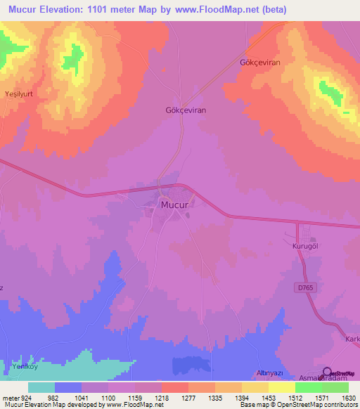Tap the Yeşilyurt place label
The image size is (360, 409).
20,93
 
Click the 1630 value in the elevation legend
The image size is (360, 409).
347,397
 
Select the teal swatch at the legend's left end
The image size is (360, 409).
41,387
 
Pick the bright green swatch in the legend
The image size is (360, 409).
308,387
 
